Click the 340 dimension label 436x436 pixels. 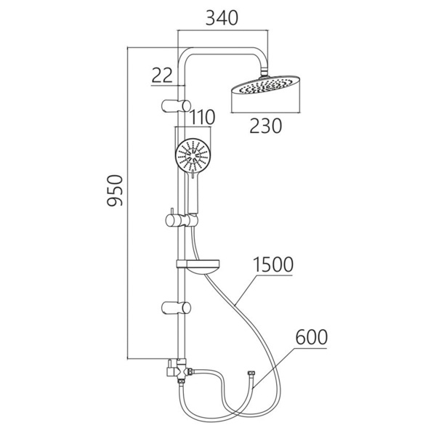[222, 17]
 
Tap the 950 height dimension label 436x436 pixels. [115, 190]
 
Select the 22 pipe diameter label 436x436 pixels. [162, 76]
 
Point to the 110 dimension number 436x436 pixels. [202, 117]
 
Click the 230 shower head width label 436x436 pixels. [265, 126]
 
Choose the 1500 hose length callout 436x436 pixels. [273, 265]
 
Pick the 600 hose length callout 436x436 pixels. [312, 337]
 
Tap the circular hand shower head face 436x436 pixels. [193, 155]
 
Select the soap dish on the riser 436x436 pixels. [198, 267]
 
